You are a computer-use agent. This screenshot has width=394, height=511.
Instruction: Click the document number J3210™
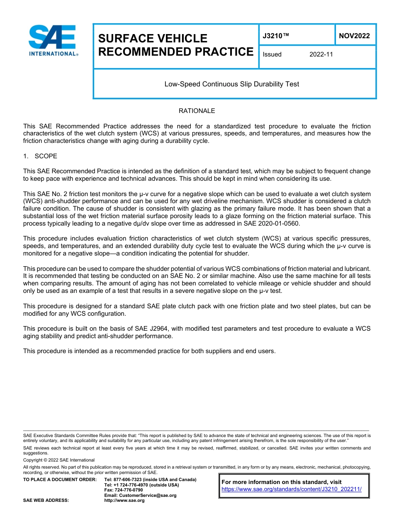tap(275, 36)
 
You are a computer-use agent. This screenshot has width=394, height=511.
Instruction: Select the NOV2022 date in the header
tap(354, 36)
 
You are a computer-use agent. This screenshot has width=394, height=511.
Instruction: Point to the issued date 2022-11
tap(321, 54)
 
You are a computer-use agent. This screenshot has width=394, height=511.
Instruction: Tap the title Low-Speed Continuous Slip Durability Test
tap(231, 84)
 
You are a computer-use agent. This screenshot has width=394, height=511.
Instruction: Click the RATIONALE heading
tap(197, 111)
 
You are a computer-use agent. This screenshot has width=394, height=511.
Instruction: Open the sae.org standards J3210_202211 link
tap(292, 489)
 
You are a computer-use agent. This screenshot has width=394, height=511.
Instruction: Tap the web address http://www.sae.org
tap(124, 501)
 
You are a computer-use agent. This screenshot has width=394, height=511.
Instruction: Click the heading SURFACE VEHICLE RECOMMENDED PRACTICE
tap(175, 45)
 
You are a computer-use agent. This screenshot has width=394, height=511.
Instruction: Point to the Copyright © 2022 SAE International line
tap(59, 460)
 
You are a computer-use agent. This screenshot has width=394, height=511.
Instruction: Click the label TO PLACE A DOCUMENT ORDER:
tap(60, 479)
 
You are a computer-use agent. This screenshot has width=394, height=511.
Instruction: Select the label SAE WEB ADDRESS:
tap(46, 501)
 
